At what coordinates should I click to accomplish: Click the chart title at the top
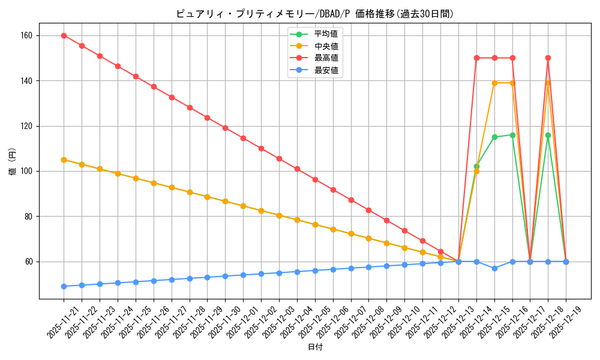tap(315, 14)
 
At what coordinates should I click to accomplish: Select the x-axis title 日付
tap(315, 347)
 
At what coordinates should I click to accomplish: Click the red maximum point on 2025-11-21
tap(64, 35)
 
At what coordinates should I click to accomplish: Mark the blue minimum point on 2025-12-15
tap(494, 268)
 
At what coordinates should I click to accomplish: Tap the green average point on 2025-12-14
tap(476, 166)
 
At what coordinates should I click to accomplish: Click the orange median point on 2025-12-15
tap(494, 83)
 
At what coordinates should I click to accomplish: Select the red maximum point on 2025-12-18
tap(548, 58)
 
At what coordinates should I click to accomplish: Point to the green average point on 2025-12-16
tap(512, 135)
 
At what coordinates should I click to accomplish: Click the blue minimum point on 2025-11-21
tap(64, 286)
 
